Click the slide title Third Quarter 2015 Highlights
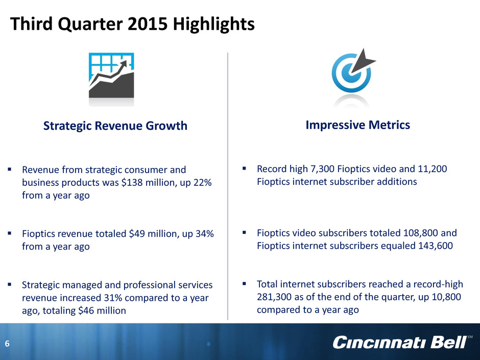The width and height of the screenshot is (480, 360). (x=132, y=24)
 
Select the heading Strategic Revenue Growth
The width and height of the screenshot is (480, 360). (x=115, y=126)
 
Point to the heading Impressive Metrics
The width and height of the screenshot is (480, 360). (x=358, y=125)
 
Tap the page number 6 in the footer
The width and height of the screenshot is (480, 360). (x=7, y=344)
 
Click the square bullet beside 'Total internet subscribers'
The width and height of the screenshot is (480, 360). (x=244, y=284)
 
